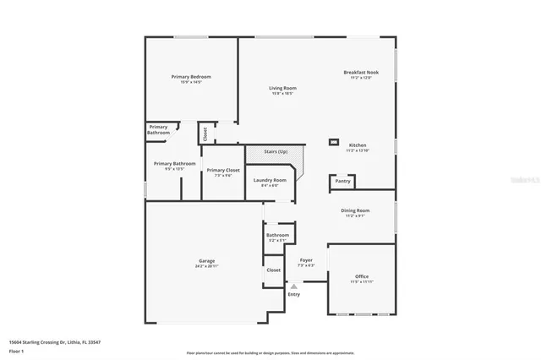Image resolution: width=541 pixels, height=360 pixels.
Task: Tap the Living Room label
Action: [x=281, y=88]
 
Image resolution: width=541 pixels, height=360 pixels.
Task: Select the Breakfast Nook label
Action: [x=361, y=73]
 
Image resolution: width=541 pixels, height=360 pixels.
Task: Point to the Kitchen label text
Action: [x=358, y=145]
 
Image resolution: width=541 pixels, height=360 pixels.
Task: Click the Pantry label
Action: [x=342, y=181]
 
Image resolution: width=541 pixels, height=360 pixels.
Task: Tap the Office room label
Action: [x=361, y=276]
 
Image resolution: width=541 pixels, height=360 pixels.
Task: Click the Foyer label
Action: [x=306, y=260]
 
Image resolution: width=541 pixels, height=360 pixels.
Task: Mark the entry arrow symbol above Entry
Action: [x=294, y=286]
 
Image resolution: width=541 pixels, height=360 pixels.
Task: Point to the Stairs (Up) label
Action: [x=276, y=152]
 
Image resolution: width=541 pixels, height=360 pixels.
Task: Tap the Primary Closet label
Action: [x=223, y=171]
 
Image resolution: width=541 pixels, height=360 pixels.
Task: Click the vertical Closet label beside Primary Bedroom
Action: [x=204, y=134]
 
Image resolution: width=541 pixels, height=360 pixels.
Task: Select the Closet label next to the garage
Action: [x=272, y=270]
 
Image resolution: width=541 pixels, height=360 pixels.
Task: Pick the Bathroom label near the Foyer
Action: [x=277, y=235]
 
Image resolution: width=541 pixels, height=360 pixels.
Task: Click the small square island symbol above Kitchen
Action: [x=335, y=142]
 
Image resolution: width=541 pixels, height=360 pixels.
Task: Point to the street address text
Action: [x=55, y=341]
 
